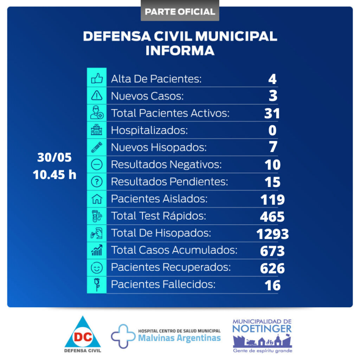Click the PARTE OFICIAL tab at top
[180, 11]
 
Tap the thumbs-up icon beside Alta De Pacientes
[97, 78]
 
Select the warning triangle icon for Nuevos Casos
[97, 96]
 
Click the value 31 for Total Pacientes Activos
[272, 113]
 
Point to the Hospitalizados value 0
[272, 130]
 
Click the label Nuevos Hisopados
[159, 147]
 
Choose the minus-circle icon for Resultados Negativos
[97, 165]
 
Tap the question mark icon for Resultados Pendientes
[97, 182]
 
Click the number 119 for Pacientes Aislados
[272, 200]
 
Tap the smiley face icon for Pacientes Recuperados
[97, 268]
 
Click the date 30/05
[54, 157]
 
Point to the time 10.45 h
[54, 174]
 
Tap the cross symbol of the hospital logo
[123, 336]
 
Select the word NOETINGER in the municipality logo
[262, 329]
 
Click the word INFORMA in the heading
[180, 50]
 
